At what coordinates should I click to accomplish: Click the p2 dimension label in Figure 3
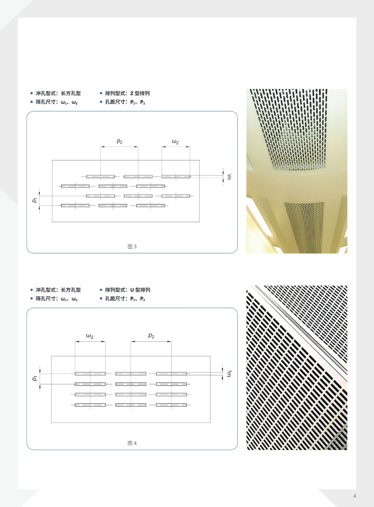[x=119, y=141]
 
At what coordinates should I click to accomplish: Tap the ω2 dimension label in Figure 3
[x=175, y=142]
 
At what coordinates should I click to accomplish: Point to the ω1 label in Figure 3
[x=229, y=177]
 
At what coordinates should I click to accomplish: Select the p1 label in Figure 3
[x=35, y=200]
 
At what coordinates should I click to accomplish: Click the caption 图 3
[x=132, y=246]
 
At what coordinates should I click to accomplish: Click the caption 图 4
[x=132, y=443]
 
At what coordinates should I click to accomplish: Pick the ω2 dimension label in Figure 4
[x=90, y=336]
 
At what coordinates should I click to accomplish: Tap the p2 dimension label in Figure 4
[x=151, y=336]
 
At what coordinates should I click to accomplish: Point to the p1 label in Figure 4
[x=35, y=378]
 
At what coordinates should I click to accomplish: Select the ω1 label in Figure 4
[x=229, y=374]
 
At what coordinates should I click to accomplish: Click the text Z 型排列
[x=140, y=93]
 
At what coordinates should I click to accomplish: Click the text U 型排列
[x=140, y=290]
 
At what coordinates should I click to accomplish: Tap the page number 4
[x=354, y=496]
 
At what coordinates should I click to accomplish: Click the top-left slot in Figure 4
[x=90, y=373]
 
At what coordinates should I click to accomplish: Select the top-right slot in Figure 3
[x=176, y=177]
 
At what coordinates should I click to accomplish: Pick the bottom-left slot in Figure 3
[x=75, y=206]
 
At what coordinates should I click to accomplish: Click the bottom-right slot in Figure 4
[x=171, y=405]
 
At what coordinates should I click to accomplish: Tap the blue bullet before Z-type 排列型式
[x=101, y=93]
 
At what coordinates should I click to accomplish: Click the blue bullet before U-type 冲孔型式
[x=31, y=290]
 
